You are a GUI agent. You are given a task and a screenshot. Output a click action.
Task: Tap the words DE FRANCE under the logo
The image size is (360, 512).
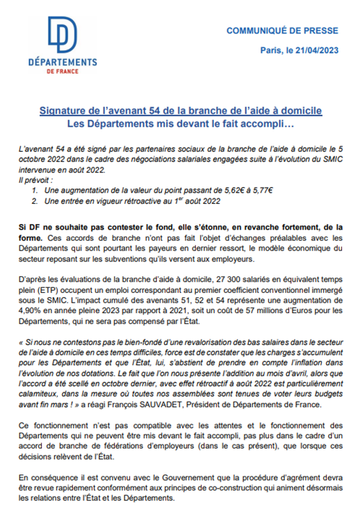pyautogui.click(x=62, y=71)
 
